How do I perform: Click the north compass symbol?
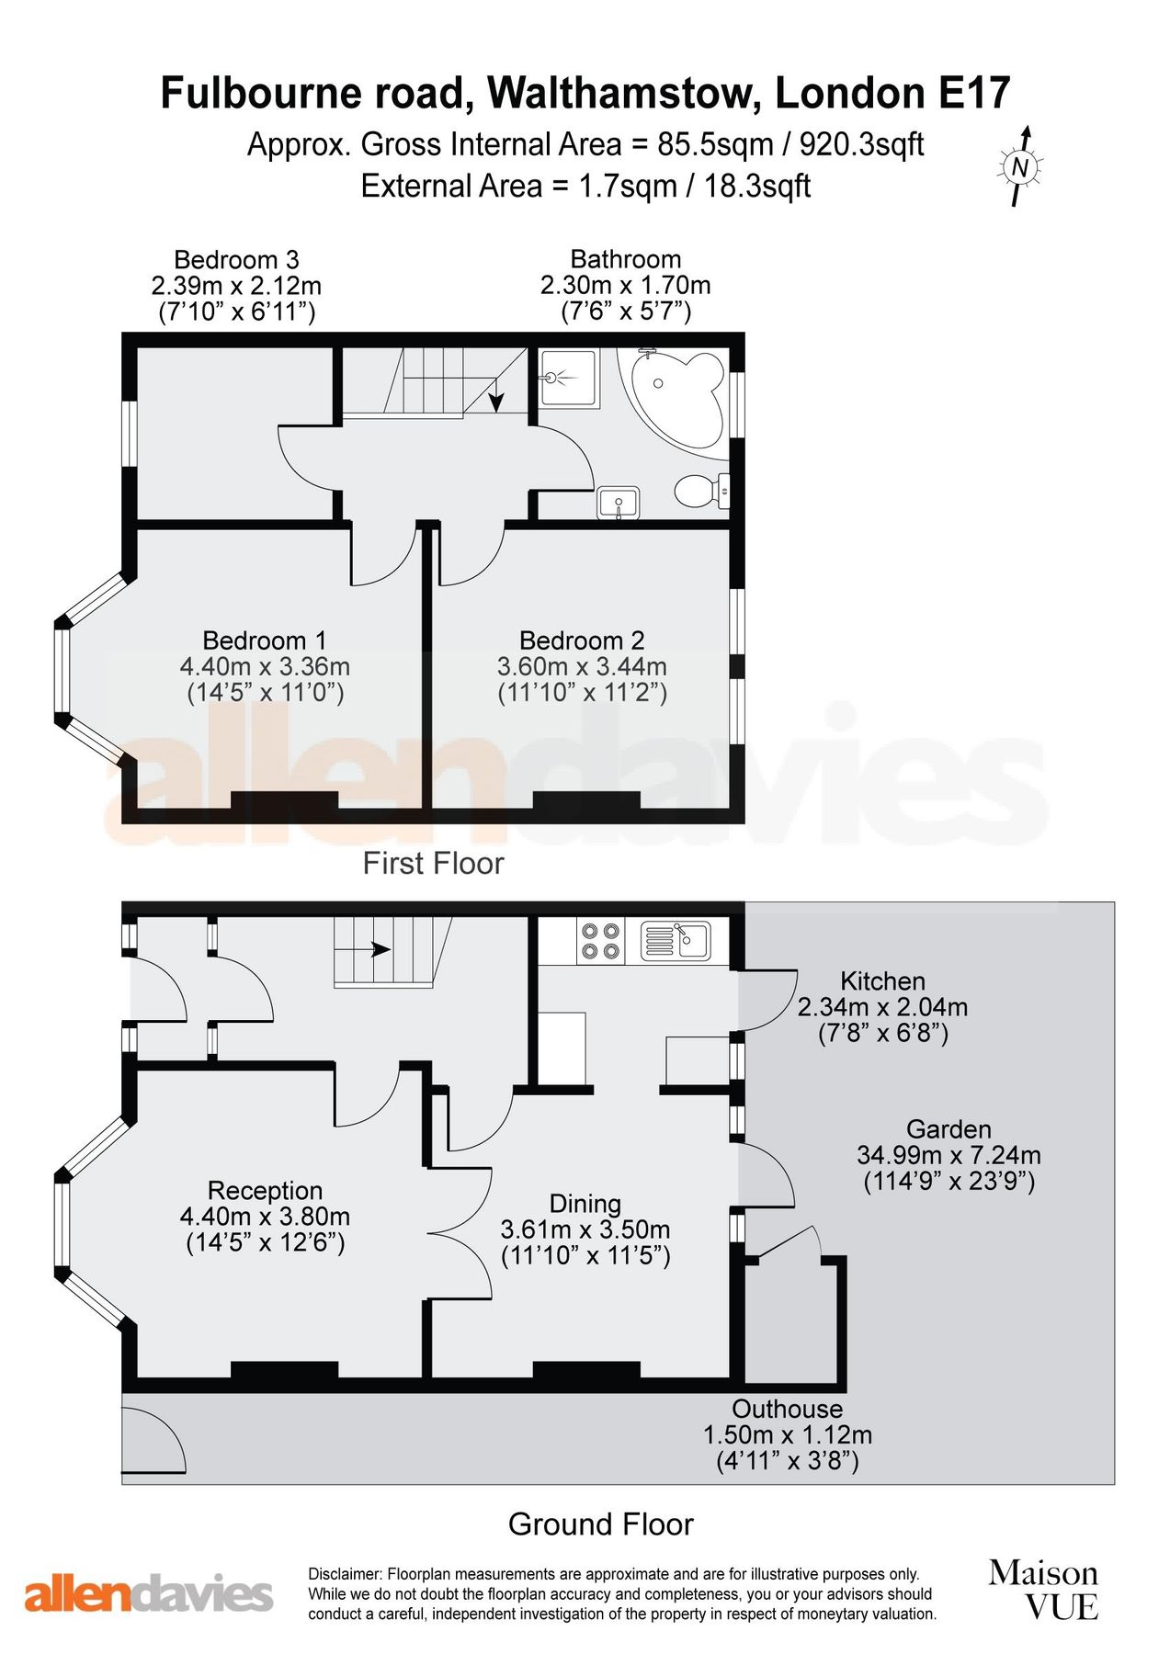click(x=1020, y=166)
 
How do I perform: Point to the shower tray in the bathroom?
click(x=568, y=378)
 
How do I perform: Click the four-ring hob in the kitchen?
click(x=600, y=941)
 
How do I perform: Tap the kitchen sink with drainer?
click(x=676, y=940)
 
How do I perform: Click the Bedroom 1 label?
click(x=264, y=640)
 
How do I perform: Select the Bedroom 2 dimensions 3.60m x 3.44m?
click(x=582, y=666)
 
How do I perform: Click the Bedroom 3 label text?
click(x=236, y=260)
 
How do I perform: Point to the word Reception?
click(x=265, y=1191)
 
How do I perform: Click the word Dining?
click(x=585, y=1204)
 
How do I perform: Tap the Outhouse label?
click(x=787, y=1409)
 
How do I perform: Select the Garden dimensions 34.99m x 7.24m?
click(x=948, y=1155)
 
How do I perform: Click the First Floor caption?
click(x=433, y=863)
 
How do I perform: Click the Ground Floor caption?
click(x=600, y=1524)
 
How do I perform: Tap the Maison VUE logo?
click(x=1043, y=1589)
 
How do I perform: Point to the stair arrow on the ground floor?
click(x=380, y=950)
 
